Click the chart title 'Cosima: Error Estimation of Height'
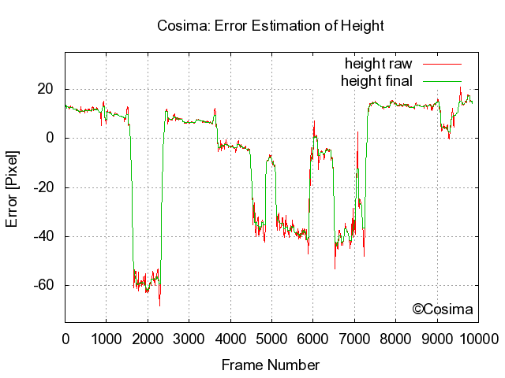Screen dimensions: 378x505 tap(271, 26)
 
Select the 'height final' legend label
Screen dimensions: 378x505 tap(376, 80)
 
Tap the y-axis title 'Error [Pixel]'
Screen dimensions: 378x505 tap(12, 187)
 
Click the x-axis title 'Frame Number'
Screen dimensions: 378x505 tap(271, 365)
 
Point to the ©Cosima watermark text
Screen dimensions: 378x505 tap(443, 309)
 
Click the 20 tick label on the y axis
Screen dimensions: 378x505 tap(45, 90)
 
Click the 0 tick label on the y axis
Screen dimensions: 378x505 tap(49, 139)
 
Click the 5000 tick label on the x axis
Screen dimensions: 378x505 tap(271, 339)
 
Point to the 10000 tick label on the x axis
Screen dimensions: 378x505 tap(479, 339)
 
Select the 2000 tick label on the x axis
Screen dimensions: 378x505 tap(148, 339)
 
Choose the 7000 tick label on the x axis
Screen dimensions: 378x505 tap(354, 339)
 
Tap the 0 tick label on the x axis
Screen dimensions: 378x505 tap(65, 339)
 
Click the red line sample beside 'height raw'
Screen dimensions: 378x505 tap(441, 63)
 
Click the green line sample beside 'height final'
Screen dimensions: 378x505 tap(441, 80)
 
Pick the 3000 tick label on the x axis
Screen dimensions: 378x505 tap(189, 339)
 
